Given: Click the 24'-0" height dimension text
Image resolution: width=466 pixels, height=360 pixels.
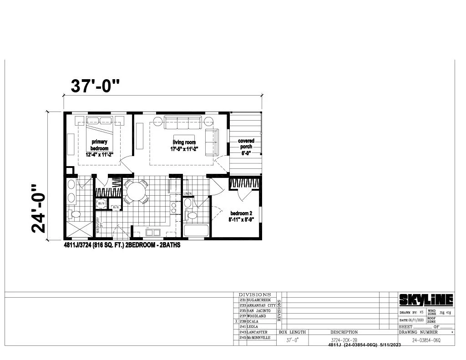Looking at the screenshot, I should [x=40, y=208].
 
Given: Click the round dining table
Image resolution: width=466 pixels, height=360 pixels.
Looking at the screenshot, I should [x=136, y=191].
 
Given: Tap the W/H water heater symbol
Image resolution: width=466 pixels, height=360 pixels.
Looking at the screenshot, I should [x=101, y=203].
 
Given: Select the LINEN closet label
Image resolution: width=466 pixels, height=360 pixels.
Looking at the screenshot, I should [x=187, y=194].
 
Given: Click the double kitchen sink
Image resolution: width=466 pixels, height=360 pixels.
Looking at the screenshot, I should [x=153, y=233].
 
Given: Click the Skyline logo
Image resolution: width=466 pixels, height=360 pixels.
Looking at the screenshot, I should [x=426, y=299].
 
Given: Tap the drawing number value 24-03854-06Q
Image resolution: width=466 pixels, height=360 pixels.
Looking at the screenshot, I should [x=426, y=340].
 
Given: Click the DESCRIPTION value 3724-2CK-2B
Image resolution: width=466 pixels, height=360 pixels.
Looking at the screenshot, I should [x=344, y=340].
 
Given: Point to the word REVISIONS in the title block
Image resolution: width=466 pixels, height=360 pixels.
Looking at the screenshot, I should [x=279, y=310].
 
